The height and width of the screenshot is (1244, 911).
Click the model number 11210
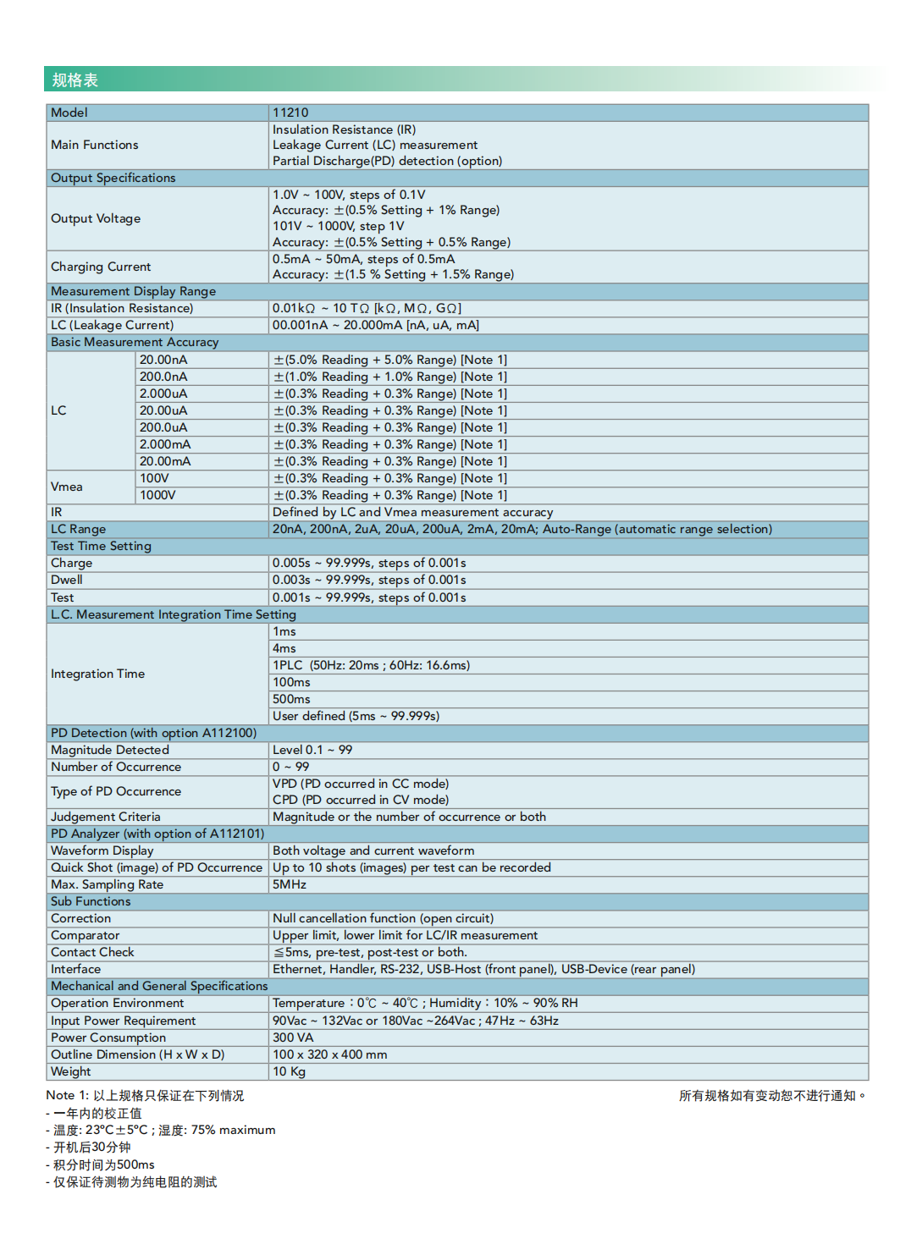point(290,113)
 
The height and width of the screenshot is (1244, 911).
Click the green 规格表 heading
point(75,80)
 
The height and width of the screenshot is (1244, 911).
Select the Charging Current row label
point(101,267)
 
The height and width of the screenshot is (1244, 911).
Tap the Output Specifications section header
point(113,178)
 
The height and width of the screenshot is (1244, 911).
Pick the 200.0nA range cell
point(163,377)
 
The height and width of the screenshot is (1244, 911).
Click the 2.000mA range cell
point(165,444)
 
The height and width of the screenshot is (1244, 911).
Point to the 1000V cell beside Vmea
point(157,495)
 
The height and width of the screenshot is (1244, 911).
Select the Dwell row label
point(67,580)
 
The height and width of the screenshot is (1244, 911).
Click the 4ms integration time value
point(284,648)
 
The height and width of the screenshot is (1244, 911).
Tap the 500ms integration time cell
point(291,699)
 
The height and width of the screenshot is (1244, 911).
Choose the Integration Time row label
point(97,674)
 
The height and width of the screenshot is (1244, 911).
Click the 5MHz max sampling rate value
point(290,884)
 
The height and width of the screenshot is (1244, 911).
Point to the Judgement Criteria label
point(105,817)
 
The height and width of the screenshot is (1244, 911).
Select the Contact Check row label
point(92,952)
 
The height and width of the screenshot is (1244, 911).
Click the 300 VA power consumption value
point(293,1038)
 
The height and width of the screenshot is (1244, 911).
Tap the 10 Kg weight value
point(289,1071)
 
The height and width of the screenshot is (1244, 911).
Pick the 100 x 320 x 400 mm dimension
point(329,1054)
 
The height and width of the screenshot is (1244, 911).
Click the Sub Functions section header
point(91,901)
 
